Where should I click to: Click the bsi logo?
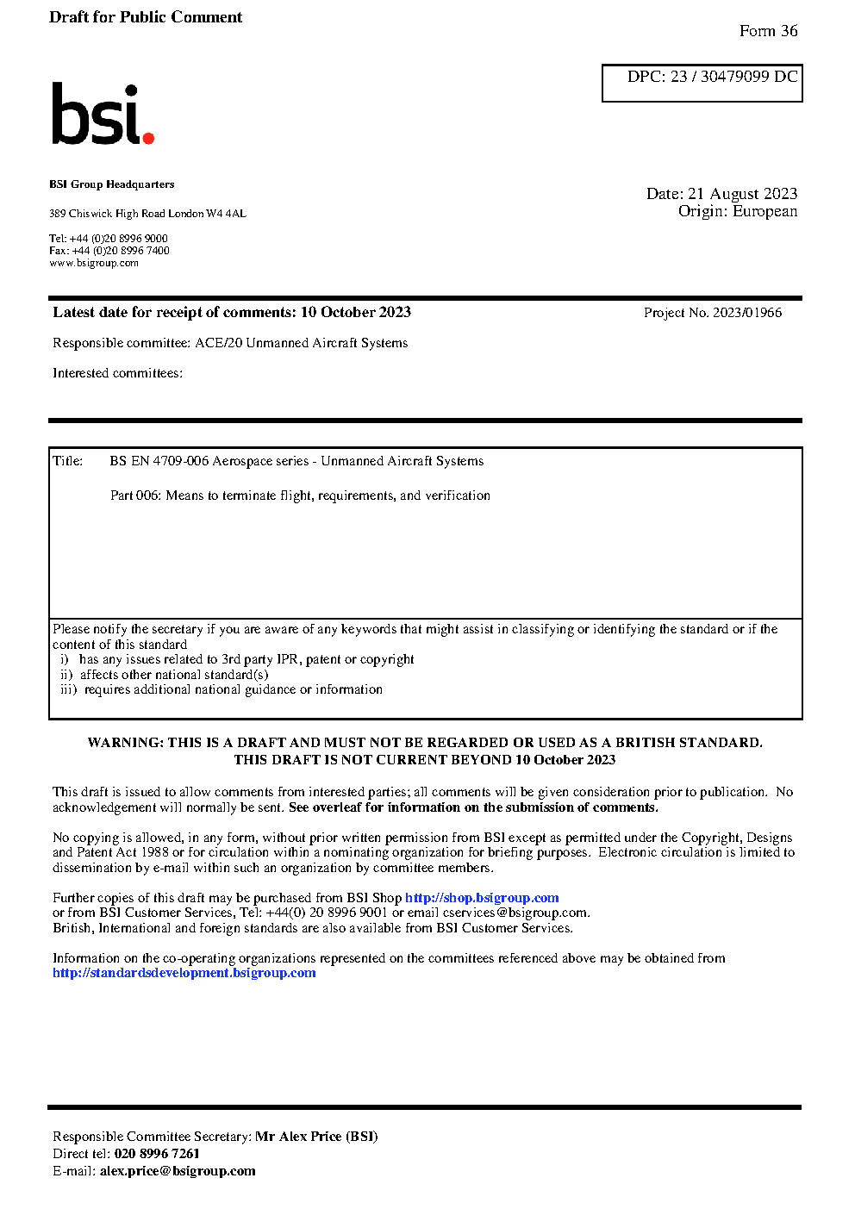(x=102, y=114)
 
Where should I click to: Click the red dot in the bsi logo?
(x=148, y=137)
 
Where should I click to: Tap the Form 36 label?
(x=768, y=31)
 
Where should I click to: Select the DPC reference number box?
(x=702, y=83)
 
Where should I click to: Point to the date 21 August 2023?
(x=742, y=194)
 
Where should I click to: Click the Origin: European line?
(x=737, y=211)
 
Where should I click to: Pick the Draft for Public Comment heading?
(x=146, y=17)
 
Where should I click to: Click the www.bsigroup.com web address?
(x=94, y=263)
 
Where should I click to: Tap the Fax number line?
(x=109, y=251)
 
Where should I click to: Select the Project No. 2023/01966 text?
(x=712, y=313)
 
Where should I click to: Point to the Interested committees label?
(x=117, y=373)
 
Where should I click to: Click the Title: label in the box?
(x=68, y=461)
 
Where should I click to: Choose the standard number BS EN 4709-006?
(x=159, y=461)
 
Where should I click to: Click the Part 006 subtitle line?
(x=300, y=495)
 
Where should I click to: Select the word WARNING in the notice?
(x=125, y=743)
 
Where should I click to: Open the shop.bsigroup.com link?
(x=482, y=898)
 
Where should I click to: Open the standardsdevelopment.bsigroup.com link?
(x=184, y=973)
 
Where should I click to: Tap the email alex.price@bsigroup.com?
(x=178, y=1171)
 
